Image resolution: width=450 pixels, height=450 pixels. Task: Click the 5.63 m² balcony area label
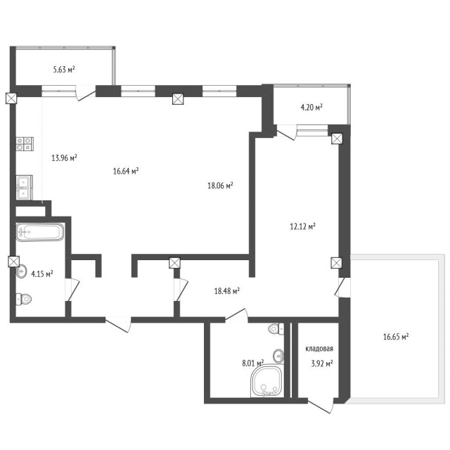point(64,70)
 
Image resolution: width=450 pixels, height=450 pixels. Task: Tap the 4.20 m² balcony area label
point(311,108)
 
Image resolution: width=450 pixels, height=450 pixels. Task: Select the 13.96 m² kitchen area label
point(64,157)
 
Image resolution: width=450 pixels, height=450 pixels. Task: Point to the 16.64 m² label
point(125,170)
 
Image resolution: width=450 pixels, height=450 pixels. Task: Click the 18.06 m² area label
point(220,186)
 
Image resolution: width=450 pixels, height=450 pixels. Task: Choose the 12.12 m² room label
point(302,226)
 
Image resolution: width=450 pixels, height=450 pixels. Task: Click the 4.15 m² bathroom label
point(41,274)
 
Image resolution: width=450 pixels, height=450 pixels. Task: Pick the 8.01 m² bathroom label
point(252,364)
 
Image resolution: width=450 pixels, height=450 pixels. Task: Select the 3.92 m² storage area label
point(321,364)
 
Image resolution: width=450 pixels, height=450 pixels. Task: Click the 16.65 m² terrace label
point(396,337)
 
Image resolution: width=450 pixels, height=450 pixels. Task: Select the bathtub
point(40,231)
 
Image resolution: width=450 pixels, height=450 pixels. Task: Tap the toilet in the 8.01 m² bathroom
point(274,328)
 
